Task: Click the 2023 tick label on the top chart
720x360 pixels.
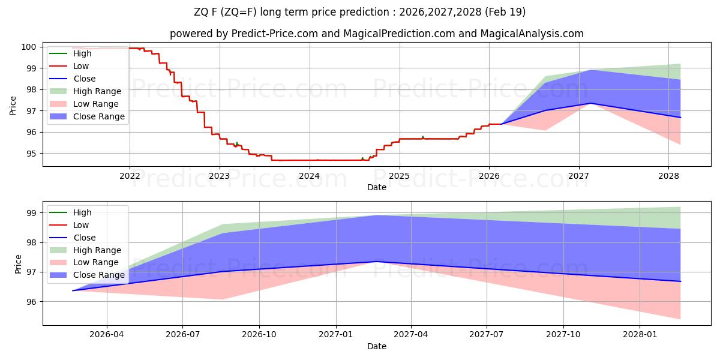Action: tap(219, 176)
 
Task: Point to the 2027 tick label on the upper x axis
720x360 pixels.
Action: tap(579, 176)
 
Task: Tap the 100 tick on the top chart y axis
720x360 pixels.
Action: tap(29, 47)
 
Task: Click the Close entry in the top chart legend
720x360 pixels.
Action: tap(84, 79)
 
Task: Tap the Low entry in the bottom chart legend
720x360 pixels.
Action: tap(80, 225)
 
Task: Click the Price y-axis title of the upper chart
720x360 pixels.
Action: tap(13, 105)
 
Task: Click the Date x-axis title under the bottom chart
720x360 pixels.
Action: tap(376, 346)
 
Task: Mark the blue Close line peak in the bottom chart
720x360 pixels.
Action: tap(376, 261)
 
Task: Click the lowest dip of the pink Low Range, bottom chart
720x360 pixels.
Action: tap(680, 319)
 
